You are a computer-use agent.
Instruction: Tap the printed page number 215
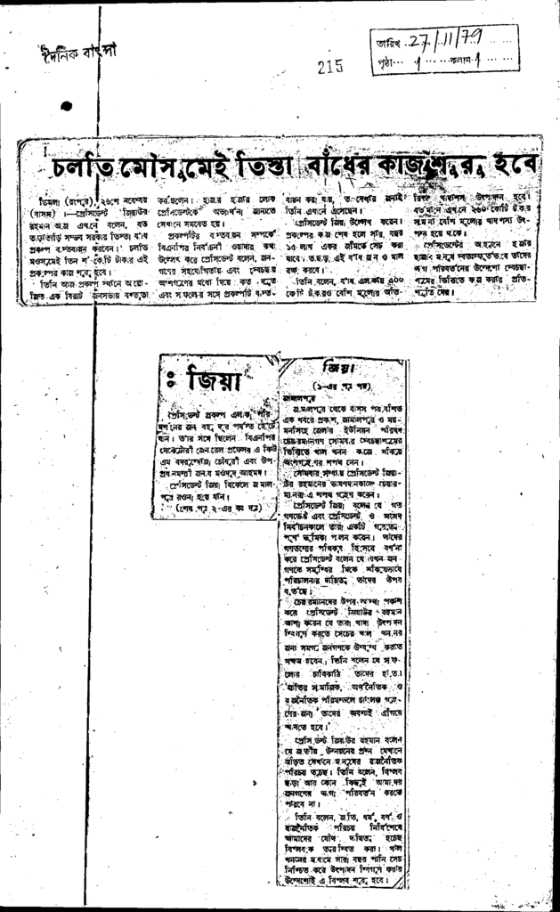[329, 65]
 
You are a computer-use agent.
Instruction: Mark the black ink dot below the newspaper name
[68, 106]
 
